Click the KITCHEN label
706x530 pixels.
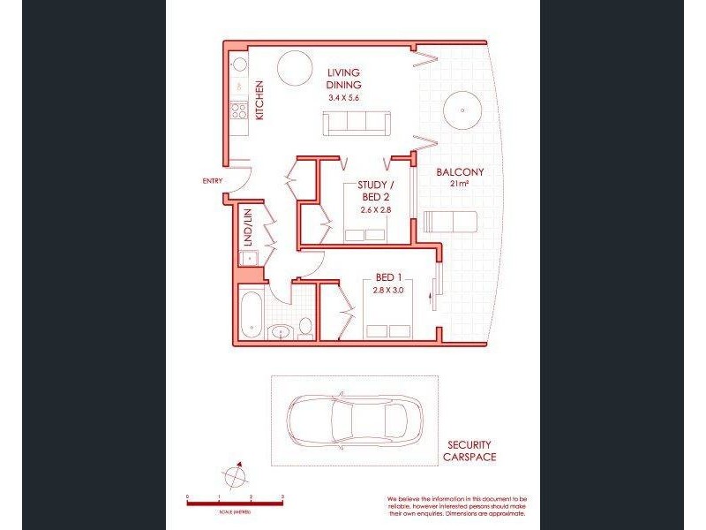(259, 100)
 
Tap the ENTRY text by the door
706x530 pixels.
(212, 180)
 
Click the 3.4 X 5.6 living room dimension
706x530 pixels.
(344, 98)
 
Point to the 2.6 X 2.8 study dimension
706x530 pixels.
(374, 209)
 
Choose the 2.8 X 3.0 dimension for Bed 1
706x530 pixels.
(389, 290)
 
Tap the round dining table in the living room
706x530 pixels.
(294, 66)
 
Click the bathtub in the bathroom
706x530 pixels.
(250, 314)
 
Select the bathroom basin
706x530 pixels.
(282, 332)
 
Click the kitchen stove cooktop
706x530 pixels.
(238, 110)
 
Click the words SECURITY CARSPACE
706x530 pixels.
(469, 450)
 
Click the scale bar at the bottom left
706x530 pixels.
(235, 502)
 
